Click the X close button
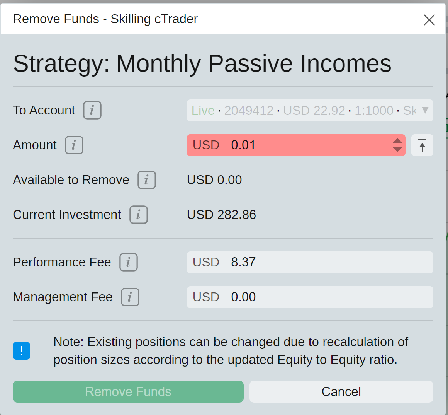[x=429, y=20]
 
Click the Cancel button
[x=341, y=391]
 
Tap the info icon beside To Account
[x=92, y=110]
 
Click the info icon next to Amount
[x=74, y=145]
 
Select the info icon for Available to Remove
[x=147, y=180]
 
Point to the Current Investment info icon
[x=139, y=215]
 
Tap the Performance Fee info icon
[x=129, y=262]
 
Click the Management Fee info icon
[x=130, y=297]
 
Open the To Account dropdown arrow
[x=425, y=110]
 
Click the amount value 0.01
[x=243, y=145]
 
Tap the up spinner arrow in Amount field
[x=397, y=141]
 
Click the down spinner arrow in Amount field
[x=397, y=149]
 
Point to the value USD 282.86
[x=221, y=215]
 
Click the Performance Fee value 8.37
[x=243, y=262]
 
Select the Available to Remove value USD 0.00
[x=214, y=180]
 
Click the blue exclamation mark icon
[x=21, y=350]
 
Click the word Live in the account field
[x=203, y=111]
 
